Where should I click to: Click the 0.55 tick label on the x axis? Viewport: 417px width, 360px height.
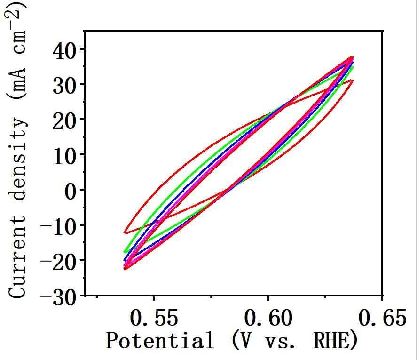pyautogui.click(x=154, y=319)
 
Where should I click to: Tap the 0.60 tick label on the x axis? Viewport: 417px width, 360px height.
pyautogui.click(x=268, y=319)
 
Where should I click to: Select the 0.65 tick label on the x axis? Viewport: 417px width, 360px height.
pyautogui.click(x=382, y=319)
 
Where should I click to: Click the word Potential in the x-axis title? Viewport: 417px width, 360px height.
pyautogui.click(x=159, y=341)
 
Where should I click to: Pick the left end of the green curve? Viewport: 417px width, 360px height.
pyautogui.click(x=125, y=252)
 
